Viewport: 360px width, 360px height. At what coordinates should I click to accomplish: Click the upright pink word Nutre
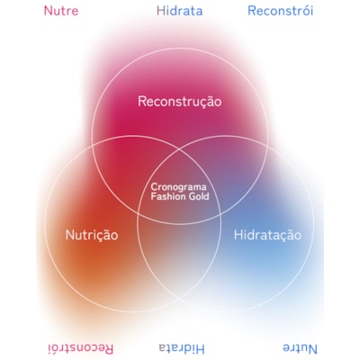point(61,11)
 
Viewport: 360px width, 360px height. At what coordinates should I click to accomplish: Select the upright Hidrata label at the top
point(180,11)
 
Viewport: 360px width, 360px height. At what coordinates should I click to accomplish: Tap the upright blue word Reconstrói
point(281,11)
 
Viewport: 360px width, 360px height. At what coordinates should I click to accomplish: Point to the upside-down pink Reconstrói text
point(81,349)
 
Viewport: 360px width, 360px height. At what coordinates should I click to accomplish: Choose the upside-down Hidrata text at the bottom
point(182,349)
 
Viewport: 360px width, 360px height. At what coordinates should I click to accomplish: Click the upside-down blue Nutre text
point(300,349)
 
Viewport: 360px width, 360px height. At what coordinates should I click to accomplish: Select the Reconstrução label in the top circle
point(180,102)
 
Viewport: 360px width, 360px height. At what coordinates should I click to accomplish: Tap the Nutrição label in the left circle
point(92,235)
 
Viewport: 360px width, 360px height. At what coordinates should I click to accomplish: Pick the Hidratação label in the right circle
point(267,235)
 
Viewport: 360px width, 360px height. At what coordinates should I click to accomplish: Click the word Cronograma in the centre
point(178,187)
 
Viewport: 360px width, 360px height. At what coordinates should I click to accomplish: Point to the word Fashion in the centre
point(165,197)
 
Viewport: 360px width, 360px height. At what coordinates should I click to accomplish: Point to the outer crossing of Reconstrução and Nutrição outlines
point(93,147)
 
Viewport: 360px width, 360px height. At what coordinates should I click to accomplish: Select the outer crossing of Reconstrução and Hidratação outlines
point(267,147)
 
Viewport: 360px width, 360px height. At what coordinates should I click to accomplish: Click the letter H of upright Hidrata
point(160,11)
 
